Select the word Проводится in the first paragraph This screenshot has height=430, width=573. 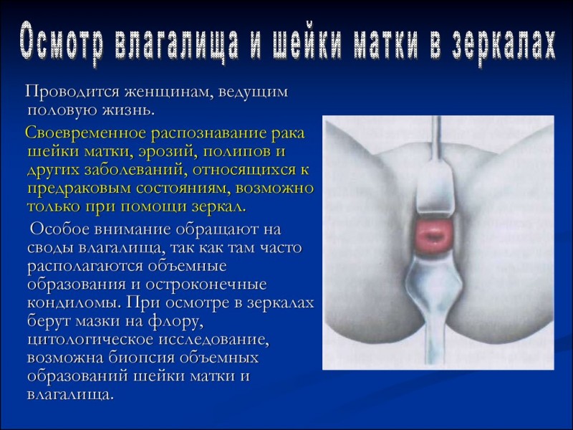tap(72, 92)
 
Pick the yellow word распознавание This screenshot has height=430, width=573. tap(209, 133)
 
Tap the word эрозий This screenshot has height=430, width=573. tap(166, 152)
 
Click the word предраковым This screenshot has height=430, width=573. tap(80, 188)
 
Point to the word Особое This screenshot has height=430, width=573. tap(59, 229)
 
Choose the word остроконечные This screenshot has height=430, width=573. tap(206, 285)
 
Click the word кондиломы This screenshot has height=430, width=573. tap(75, 303)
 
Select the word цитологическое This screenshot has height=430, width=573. tap(90, 340)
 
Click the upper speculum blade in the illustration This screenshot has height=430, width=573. tap(435, 186)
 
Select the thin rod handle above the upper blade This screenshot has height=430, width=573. tap(436, 136)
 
